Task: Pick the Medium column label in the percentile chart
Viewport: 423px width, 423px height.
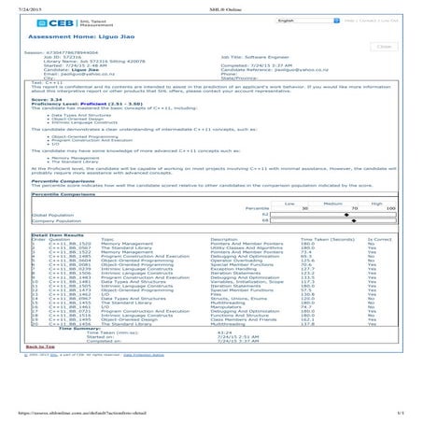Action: click(x=326, y=202)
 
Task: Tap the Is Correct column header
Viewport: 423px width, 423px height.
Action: click(x=380, y=240)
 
